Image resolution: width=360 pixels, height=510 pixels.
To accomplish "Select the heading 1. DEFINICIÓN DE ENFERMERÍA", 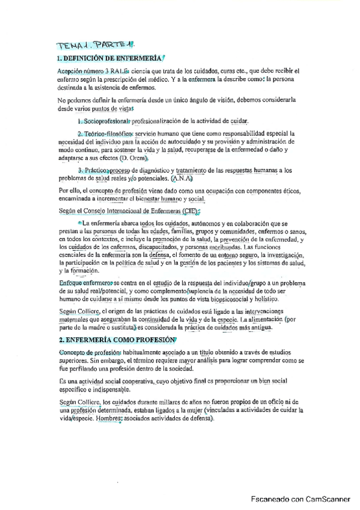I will tap(108, 58).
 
